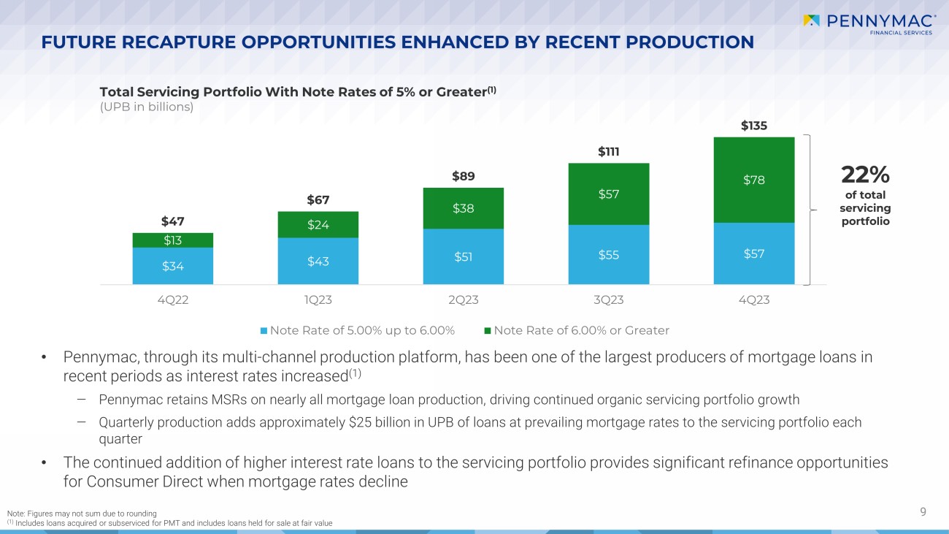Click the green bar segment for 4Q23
point(753,180)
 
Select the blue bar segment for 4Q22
point(172,266)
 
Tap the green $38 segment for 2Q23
point(463,208)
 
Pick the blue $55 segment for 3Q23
point(608,254)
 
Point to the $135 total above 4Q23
point(753,126)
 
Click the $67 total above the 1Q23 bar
point(318,200)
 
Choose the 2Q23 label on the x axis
point(463,300)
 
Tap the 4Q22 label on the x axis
point(172,300)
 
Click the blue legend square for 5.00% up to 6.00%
point(264,331)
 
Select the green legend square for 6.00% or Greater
point(488,331)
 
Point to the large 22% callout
point(865,175)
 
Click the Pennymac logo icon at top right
point(811,20)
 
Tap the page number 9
point(923,512)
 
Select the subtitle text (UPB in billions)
point(146,107)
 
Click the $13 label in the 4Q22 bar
point(172,240)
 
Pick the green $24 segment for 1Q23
point(318,225)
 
